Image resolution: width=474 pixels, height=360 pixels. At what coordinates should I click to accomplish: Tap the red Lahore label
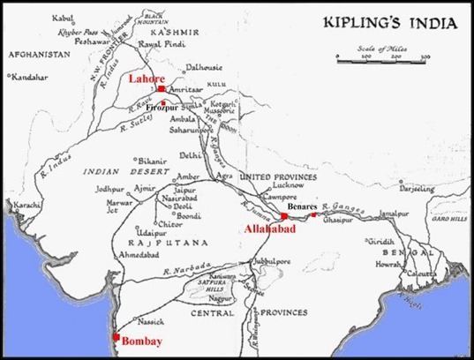(145, 78)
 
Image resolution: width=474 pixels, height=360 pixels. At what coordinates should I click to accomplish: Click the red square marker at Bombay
(115, 336)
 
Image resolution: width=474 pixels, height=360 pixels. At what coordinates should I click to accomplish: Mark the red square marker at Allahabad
(284, 215)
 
